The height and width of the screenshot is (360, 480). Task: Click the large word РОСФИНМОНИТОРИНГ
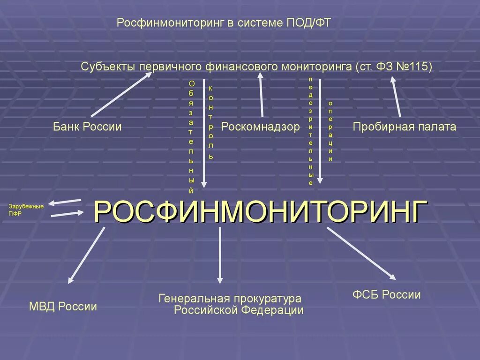261,211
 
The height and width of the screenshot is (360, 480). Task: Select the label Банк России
87,127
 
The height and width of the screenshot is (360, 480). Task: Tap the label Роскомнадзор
260,127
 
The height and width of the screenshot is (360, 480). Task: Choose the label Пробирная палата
405,127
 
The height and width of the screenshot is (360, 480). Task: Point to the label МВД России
63,307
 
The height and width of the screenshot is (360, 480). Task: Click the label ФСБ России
386,295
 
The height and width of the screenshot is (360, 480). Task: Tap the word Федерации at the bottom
277,310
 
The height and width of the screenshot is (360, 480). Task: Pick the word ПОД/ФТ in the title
308,23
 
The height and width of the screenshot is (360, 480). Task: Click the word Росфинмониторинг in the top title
171,23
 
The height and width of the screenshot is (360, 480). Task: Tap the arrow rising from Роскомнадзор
261,96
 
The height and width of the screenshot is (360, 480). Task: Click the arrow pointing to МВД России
86,255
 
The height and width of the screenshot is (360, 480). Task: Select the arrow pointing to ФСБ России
361,253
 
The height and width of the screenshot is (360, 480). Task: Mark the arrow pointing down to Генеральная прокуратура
220,255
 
